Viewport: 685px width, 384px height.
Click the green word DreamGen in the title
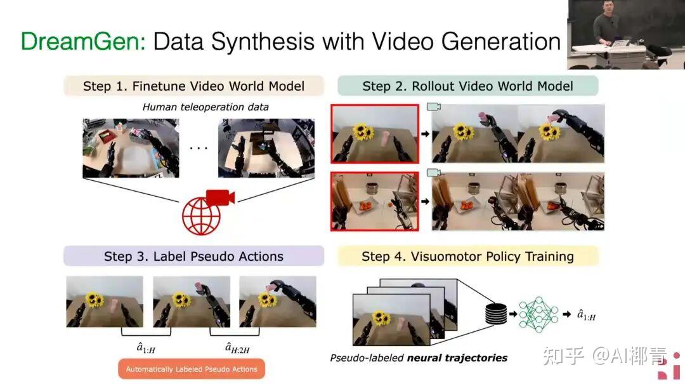[x=83, y=42]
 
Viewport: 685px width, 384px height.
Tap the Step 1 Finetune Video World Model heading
[x=193, y=86]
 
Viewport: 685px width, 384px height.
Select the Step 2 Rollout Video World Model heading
[x=467, y=86]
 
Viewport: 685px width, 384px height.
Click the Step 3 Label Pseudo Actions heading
[x=193, y=256]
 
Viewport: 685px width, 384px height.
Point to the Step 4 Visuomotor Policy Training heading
[x=467, y=256]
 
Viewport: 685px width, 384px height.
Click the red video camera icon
[x=220, y=197]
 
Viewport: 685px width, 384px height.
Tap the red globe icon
[x=201, y=216]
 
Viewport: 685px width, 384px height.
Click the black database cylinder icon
[x=496, y=314]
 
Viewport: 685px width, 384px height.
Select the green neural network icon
[x=538, y=314]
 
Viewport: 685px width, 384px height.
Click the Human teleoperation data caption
[x=205, y=107]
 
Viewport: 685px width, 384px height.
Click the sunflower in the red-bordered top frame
[x=363, y=131]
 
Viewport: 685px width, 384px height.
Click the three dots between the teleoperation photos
[x=199, y=149]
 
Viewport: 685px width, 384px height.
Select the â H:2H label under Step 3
[x=237, y=348]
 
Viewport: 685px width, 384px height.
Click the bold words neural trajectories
[x=457, y=358]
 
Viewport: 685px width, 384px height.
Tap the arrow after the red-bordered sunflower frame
[x=425, y=134]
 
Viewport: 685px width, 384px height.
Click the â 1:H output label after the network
[x=586, y=315]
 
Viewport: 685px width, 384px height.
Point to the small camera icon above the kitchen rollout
[x=433, y=172]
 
